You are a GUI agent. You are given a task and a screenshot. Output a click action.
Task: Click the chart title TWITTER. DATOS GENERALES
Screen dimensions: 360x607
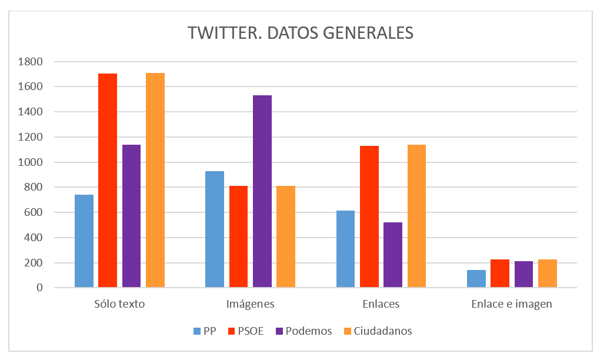click(x=301, y=33)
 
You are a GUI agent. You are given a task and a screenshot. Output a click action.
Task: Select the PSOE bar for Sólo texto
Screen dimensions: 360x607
click(x=108, y=181)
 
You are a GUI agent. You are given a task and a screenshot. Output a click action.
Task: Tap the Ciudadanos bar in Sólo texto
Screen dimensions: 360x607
click(x=155, y=180)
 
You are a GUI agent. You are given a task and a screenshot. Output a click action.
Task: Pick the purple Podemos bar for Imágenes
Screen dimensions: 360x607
click(x=262, y=191)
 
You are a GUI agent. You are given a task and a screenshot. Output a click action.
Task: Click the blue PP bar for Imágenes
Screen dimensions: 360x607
click(x=215, y=229)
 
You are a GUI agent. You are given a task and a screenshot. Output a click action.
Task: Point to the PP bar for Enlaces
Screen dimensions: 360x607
click(x=345, y=249)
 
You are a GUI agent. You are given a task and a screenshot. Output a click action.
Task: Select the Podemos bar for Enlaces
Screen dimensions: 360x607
click(x=393, y=255)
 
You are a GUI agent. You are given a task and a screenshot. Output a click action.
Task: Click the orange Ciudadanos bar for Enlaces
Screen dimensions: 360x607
click(x=416, y=216)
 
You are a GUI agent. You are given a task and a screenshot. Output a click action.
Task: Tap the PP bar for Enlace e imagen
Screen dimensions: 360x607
click(x=476, y=279)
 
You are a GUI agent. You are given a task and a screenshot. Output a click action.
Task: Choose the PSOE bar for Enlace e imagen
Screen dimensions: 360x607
click(x=500, y=274)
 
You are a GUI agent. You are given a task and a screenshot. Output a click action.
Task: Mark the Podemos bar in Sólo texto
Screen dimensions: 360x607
click(x=132, y=216)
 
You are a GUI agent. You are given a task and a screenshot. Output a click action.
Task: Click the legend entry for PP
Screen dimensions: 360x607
click(x=204, y=331)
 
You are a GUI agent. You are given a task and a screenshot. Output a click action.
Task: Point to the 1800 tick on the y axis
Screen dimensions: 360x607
click(x=31, y=62)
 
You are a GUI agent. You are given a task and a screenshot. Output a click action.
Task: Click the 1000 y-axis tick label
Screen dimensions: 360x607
click(x=31, y=162)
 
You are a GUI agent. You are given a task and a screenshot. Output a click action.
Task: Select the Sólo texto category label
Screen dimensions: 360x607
click(x=119, y=305)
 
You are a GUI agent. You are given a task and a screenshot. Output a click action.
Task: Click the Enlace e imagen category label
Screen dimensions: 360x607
click(x=512, y=305)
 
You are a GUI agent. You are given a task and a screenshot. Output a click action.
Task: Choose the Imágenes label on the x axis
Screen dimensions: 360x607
click(x=250, y=305)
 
